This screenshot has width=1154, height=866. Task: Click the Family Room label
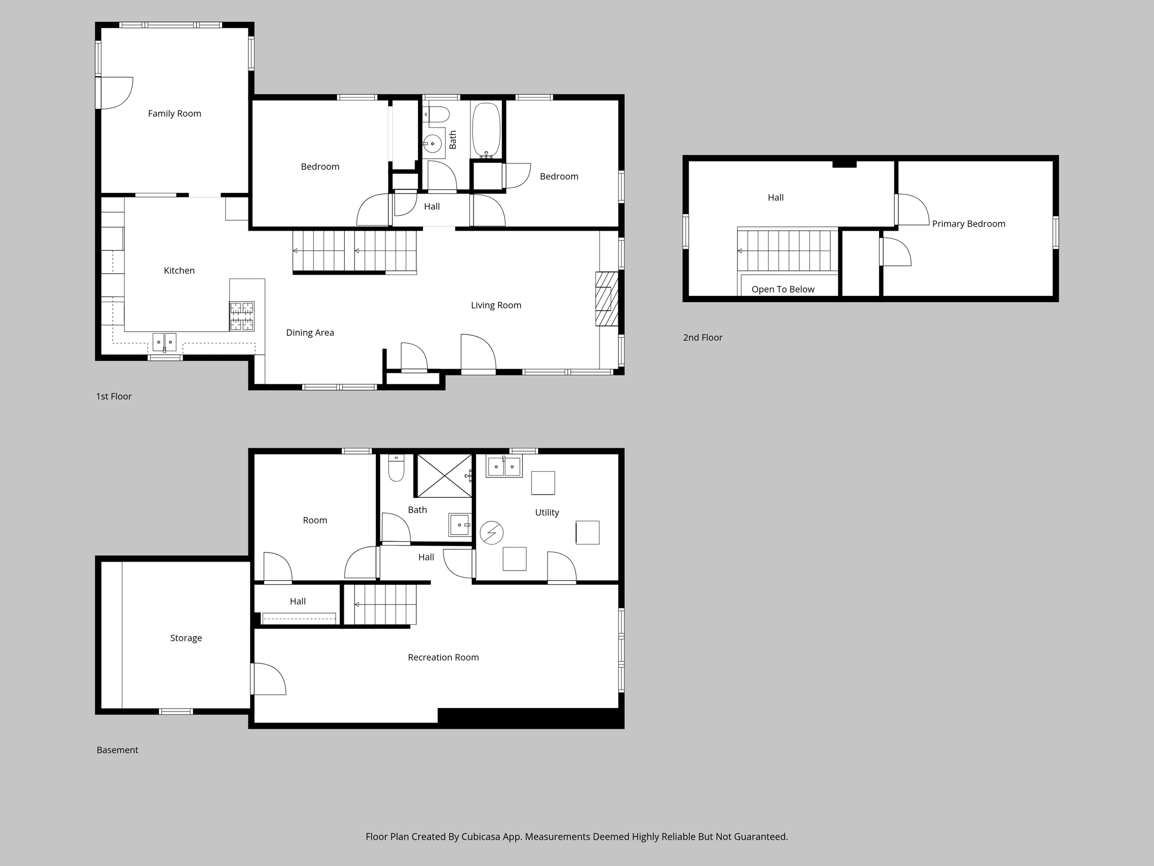pos(174,114)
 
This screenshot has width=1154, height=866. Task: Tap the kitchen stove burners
pos(242,316)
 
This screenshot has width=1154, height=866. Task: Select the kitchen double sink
pos(165,342)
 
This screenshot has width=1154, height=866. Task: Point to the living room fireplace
pos(606,299)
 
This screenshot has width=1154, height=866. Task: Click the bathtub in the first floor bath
pos(486,130)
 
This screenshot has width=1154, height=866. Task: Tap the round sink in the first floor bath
pos(432,144)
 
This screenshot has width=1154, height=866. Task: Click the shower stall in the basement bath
pos(444,476)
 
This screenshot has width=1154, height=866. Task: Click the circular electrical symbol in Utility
pos(491,533)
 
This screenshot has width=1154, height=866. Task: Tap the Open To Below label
pos(783,290)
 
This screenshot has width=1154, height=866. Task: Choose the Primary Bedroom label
pos(969,224)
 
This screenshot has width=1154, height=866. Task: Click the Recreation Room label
pos(443,657)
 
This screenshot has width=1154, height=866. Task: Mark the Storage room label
pos(186,638)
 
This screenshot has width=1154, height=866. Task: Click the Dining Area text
pos(310,333)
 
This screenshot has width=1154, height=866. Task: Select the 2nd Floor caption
pos(703,338)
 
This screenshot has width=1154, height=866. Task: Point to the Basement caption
pos(117,750)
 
